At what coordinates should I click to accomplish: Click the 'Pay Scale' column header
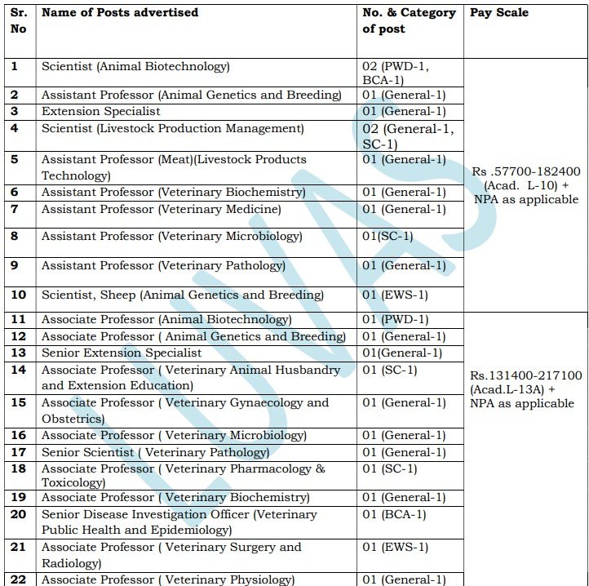[498, 13]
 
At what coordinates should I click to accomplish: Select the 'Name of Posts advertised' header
[120, 13]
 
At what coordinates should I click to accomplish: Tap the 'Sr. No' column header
[19, 20]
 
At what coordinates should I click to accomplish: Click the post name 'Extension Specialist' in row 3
[101, 112]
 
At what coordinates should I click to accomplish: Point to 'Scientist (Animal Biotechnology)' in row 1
[135, 67]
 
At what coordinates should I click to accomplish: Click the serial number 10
[19, 295]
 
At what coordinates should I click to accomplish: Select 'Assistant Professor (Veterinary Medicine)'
[162, 210]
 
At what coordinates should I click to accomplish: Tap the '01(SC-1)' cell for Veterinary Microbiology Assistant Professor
[388, 237]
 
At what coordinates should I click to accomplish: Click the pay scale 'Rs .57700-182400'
[526, 172]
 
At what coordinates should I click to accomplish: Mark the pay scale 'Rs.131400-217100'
[525, 375]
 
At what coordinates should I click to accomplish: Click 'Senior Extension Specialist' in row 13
[122, 353]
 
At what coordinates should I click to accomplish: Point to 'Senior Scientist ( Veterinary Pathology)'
[155, 452]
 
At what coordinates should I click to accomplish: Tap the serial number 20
[19, 515]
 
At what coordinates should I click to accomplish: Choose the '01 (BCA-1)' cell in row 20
[395, 515]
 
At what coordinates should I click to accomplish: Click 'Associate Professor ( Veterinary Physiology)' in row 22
[168, 579]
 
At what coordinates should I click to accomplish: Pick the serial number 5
[14, 160]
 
